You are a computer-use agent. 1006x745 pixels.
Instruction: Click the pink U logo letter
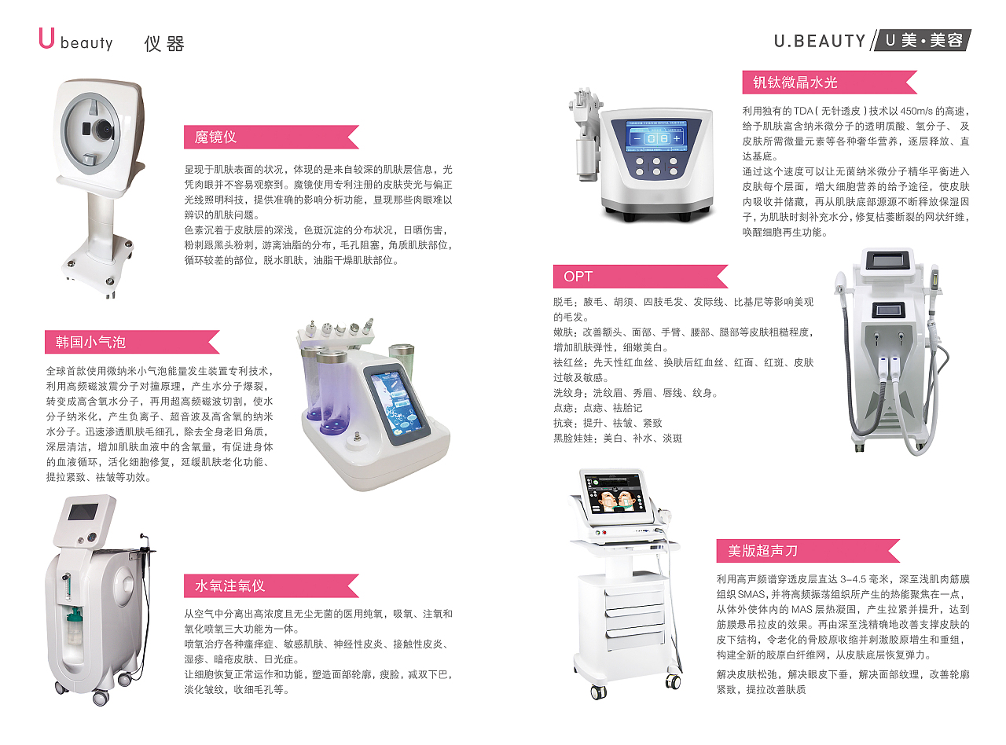tap(46, 38)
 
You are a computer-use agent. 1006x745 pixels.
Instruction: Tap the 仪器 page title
tap(164, 44)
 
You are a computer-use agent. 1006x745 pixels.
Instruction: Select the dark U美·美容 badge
tap(923, 40)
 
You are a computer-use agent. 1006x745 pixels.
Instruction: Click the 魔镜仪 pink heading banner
tap(271, 137)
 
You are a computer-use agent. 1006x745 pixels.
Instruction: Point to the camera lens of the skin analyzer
tap(104, 130)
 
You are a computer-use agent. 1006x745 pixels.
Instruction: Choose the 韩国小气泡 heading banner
tap(132, 342)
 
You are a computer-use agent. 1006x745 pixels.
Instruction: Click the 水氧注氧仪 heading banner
tap(271, 585)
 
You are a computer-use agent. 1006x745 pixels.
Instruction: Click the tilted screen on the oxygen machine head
tap(83, 512)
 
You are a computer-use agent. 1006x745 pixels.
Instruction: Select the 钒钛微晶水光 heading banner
tap(830, 82)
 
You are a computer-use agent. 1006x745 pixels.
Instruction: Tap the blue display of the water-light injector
tap(655, 136)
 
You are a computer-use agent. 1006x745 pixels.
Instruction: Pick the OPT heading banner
tap(641, 277)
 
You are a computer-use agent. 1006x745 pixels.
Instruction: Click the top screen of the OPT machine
tap(887, 261)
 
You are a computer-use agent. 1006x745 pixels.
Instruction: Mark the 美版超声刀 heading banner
tap(808, 551)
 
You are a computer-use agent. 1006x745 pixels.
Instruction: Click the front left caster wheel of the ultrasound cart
tap(598, 692)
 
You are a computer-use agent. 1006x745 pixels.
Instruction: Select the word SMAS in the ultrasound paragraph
tap(751, 594)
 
